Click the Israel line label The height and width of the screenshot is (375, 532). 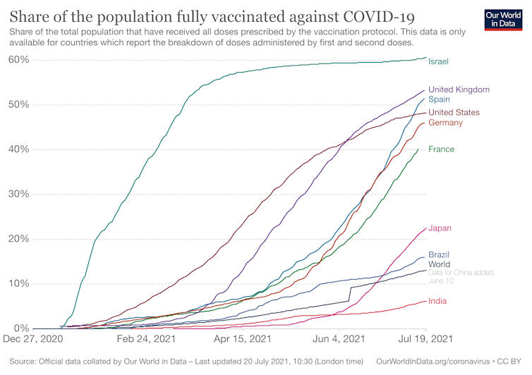[x=438, y=61]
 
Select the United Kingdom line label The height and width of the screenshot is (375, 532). [x=459, y=90]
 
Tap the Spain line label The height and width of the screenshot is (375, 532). [x=440, y=100]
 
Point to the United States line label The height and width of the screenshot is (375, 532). [x=454, y=112]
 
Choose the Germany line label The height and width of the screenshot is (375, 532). [x=445, y=123]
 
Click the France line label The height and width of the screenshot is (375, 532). [x=441, y=149]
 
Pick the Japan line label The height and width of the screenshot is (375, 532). [x=440, y=228]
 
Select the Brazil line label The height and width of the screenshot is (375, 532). [x=439, y=254]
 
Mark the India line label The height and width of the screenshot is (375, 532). [x=437, y=301]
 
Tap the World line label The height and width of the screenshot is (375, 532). [x=439, y=264]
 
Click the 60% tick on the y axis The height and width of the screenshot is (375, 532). [x=18, y=59]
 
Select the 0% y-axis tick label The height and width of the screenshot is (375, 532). [x=21, y=328]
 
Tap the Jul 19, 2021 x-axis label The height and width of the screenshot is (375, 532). [x=426, y=339]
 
